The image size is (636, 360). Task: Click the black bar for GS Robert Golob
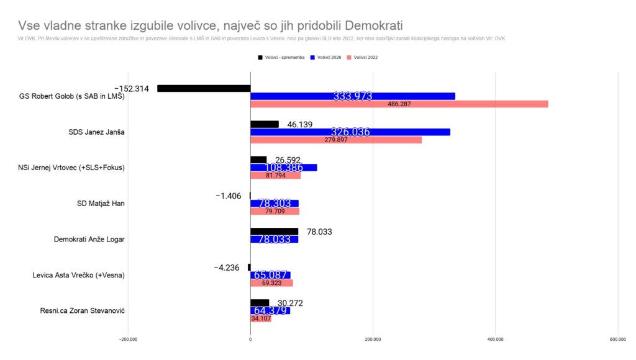[x=204, y=89]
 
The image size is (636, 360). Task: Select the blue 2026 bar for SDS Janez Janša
[x=350, y=132]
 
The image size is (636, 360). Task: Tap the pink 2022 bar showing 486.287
[x=399, y=104]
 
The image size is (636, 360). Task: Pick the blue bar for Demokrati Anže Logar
[x=274, y=240]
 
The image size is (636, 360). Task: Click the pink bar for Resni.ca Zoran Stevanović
[x=261, y=318]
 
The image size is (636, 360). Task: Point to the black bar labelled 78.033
[x=274, y=232]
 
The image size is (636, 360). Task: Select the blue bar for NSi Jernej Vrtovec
[x=284, y=168]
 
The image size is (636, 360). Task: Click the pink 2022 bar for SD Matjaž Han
[x=275, y=212]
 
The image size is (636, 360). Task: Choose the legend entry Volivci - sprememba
[x=281, y=57]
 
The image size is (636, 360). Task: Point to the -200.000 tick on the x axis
[x=128, y=340]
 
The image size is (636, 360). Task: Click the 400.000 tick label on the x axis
[x=495, y=340]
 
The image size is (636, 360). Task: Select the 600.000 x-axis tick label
[x=617, y=340]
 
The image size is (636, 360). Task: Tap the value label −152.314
[x=132, y=89]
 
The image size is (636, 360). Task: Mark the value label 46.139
[x=300, y=124]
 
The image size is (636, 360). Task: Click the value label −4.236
[x=227, y=268]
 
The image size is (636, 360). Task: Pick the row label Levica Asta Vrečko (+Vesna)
[x=79, y=275]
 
